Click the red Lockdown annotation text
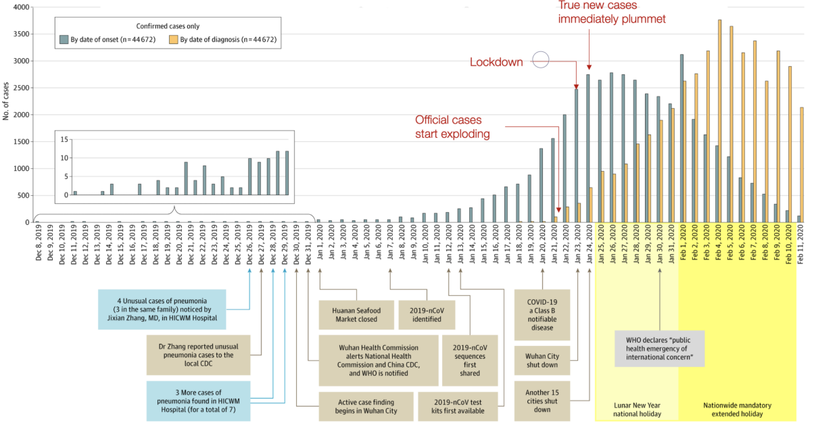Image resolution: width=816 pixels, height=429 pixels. click(497, 62)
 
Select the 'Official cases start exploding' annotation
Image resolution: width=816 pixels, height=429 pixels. click(452, 127)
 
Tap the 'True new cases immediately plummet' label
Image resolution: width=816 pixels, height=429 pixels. click(612, 12)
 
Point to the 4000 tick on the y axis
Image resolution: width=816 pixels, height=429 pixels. click(21, 7)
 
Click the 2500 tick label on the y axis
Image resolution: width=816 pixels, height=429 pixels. click(21, 88)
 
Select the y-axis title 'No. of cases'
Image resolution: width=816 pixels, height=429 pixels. click(6, 101)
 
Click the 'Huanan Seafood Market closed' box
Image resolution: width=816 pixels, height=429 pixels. click(350, 315)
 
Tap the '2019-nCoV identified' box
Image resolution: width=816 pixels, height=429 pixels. click(426, 315)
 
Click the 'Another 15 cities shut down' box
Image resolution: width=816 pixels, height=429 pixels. click(542, 400)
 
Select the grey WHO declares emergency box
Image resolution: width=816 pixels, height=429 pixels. click(659, 349)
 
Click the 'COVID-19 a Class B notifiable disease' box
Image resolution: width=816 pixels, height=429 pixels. click(542, 315)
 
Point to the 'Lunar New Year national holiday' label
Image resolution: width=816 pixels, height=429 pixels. click(636, 409)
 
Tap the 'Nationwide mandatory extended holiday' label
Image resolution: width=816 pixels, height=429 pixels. click(737, 409)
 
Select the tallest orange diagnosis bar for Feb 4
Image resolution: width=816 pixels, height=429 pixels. click(719, 122)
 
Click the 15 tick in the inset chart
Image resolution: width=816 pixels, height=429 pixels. click(65, 139)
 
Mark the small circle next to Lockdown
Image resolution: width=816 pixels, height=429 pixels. click(541, 60)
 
